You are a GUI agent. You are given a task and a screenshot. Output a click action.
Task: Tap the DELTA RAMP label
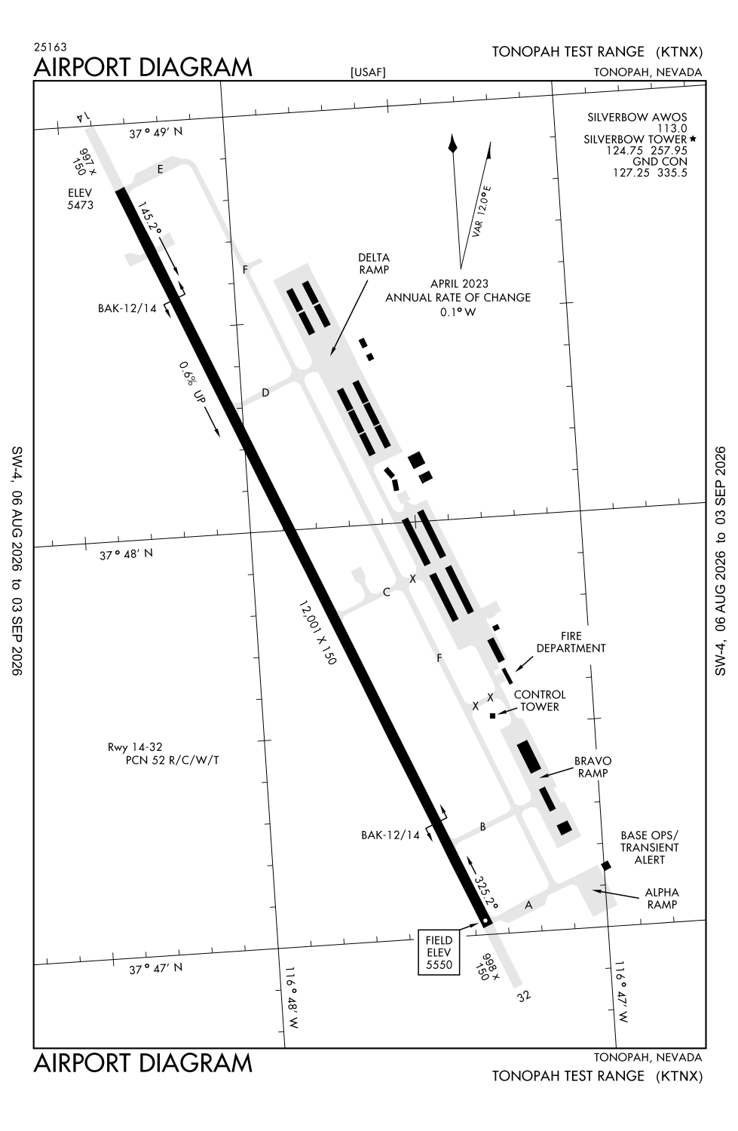(x=374, y=264)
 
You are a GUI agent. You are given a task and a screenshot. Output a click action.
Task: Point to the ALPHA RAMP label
(x=662, y=898)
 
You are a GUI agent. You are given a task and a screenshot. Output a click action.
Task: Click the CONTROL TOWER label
(x=540, y=700)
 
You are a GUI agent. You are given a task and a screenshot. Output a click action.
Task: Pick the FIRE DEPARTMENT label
(x=571, y=642)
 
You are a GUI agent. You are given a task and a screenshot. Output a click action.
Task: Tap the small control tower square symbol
(x=493, y=716)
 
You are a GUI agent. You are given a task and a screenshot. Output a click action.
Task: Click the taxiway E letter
(x=160, y=169)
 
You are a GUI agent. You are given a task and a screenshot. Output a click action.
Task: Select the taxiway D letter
(x=265, y=392)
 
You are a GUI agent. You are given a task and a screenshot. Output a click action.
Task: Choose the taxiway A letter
(x=528, y=905)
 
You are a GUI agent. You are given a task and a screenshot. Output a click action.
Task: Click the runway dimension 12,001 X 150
(x=317, y=633)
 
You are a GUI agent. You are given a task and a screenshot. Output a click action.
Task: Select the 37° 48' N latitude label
(x=126, y=554)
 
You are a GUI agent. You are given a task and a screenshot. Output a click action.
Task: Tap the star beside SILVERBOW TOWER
(x=693, y=138)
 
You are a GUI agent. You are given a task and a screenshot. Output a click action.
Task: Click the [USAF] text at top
(x=368, y=72)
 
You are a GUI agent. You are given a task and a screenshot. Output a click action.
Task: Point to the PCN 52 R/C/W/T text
(x=172, y=760)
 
